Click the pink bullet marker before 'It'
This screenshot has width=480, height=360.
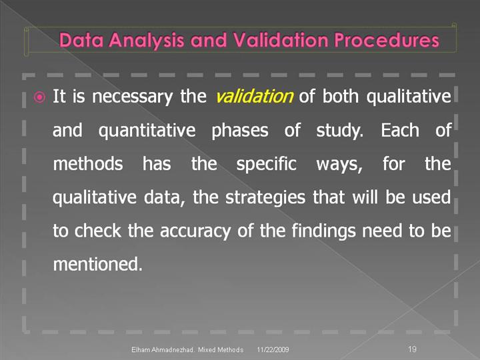coord(39,97)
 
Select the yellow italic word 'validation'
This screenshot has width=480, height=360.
coord(255,96)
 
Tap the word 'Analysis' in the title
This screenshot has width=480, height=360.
coord(146,41)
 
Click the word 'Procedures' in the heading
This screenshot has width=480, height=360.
coord(387,40)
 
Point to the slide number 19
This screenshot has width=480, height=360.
coord(412,349)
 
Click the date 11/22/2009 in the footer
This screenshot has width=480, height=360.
coord(273,349)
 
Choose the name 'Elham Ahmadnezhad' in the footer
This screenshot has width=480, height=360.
coord(163,349)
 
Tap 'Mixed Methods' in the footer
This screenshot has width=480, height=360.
coord(221,349)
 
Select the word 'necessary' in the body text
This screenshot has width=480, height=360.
coord(132,97)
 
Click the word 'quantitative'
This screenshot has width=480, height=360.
coord(147,131)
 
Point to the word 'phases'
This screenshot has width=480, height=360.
coord(240,131)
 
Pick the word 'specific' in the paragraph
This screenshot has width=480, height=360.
coord(266,164)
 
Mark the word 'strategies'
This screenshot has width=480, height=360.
coord(265,197)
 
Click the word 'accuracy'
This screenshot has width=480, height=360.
coord(195,231)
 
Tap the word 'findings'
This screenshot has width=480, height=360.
coord(323,231)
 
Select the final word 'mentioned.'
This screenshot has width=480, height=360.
coord(97,264)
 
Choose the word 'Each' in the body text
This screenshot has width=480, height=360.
coord(400,130)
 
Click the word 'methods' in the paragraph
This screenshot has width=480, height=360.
coord(88,163)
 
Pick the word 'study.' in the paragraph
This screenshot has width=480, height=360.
coord(339,131)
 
